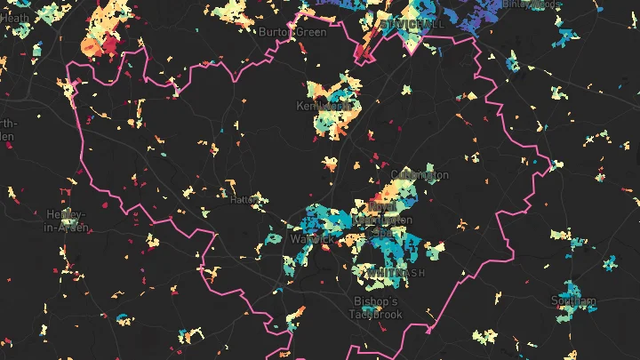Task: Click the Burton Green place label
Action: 292,32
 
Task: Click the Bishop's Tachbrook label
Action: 378,308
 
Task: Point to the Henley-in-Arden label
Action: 67,221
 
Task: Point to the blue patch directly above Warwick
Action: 316,218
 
